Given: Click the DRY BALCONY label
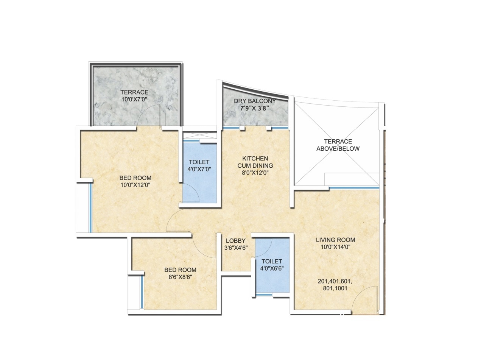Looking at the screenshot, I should (254, 101).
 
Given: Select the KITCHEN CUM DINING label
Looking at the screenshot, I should (255, 162).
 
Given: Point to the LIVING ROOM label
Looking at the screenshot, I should (336, 240).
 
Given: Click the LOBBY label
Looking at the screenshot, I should (235, 241).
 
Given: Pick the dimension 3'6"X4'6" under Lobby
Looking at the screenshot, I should (236, 248).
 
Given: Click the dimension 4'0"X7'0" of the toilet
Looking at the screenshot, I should (199, 169).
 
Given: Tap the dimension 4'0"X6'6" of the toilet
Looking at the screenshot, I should (272, 268).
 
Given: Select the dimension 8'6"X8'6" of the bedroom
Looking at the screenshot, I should (180, 277).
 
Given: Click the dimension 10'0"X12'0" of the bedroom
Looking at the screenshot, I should (135, 185).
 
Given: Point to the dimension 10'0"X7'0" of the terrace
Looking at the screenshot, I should (134, 99).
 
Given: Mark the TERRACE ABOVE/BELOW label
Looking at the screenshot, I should (338, 145).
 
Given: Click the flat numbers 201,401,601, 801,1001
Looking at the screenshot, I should (335, 285).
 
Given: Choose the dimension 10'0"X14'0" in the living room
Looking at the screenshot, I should (336, 247).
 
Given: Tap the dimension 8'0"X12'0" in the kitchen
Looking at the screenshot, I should (255, 173).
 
